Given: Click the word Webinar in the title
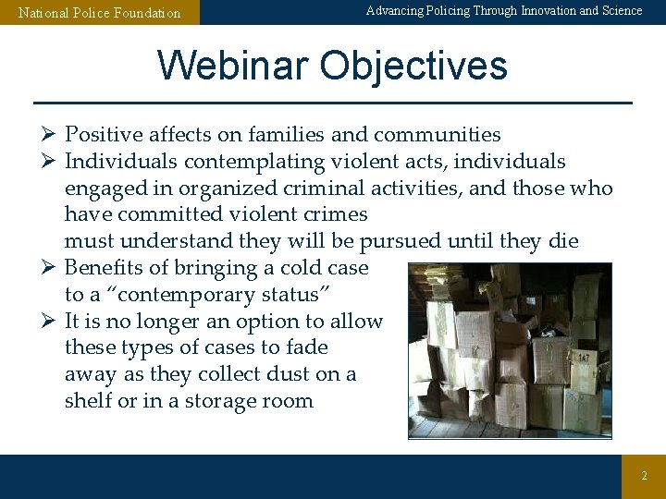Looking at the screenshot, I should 232,67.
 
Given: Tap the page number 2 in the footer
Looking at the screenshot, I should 645,476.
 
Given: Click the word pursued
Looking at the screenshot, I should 399,241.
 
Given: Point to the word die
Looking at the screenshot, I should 562,241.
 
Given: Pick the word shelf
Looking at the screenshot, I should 88,401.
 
